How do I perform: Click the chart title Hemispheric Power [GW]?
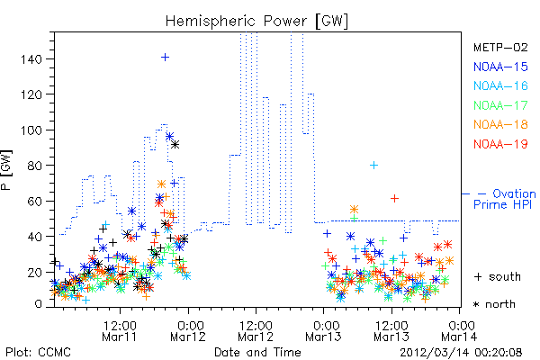point(256,22)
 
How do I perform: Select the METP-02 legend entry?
point(500,47)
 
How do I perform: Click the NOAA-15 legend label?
point(500,67)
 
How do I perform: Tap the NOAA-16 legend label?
point(500,85)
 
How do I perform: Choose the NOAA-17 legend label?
point(500,105)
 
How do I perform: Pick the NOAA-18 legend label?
point(500,124)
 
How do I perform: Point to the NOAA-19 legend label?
point(500,144)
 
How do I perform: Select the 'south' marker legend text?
point(505,276)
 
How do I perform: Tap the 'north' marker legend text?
point(500,304)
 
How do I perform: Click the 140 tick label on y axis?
point(31,59)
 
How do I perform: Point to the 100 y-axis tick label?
point(31,130)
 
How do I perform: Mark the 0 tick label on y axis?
point(38,304)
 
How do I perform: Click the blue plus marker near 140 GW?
point(166,58)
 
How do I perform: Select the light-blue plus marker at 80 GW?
point(373,166)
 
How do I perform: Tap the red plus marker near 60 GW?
point(395,198)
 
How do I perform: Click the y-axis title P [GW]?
point(7,170)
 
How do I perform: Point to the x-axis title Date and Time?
point(257,353)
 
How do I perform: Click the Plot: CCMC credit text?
point(38,353)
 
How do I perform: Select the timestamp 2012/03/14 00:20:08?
point(461,353)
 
